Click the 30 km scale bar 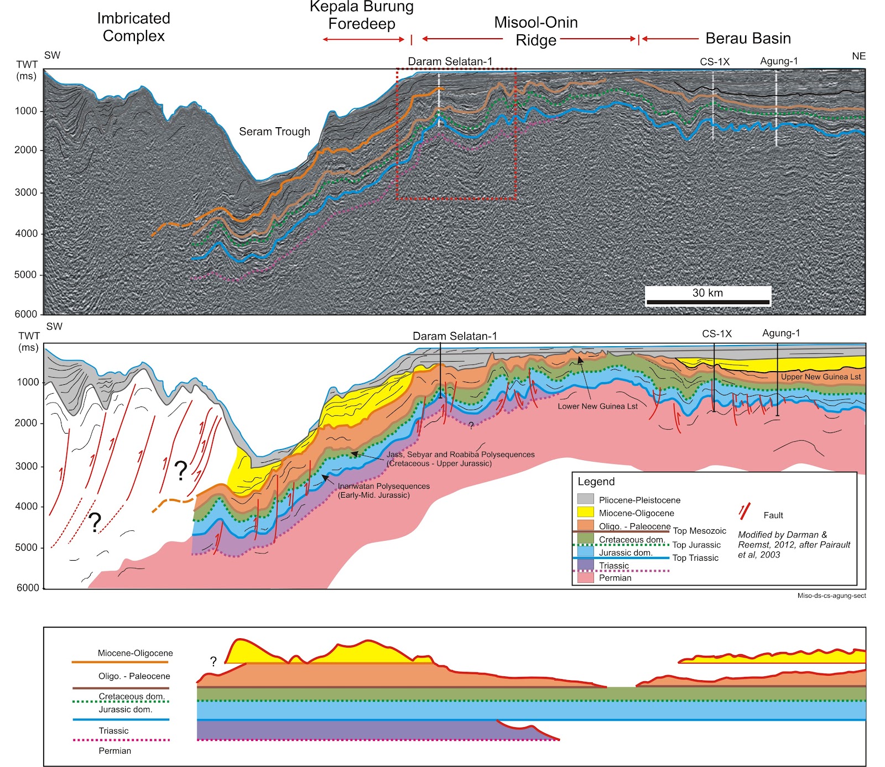coord(707,301)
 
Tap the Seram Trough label coord(274,132)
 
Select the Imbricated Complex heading coord(134,27)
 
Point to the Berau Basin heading coord(748,38)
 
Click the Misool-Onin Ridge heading coord(535,31)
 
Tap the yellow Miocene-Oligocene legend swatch coord(585,513)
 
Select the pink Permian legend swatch coord(585,578)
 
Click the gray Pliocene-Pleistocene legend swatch coord(585,499)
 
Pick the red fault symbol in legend coord(745,512)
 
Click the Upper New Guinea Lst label coord(820,377)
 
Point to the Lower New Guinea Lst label coord(597,406)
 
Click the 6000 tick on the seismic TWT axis coord(25,314)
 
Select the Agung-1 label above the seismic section coord(779,61)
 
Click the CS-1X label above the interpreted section coord(717,333)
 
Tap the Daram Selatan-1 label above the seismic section coord(450,61)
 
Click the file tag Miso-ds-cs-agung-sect coord(831,596)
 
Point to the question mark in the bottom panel coord(213,661)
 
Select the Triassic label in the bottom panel coord(113,731)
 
